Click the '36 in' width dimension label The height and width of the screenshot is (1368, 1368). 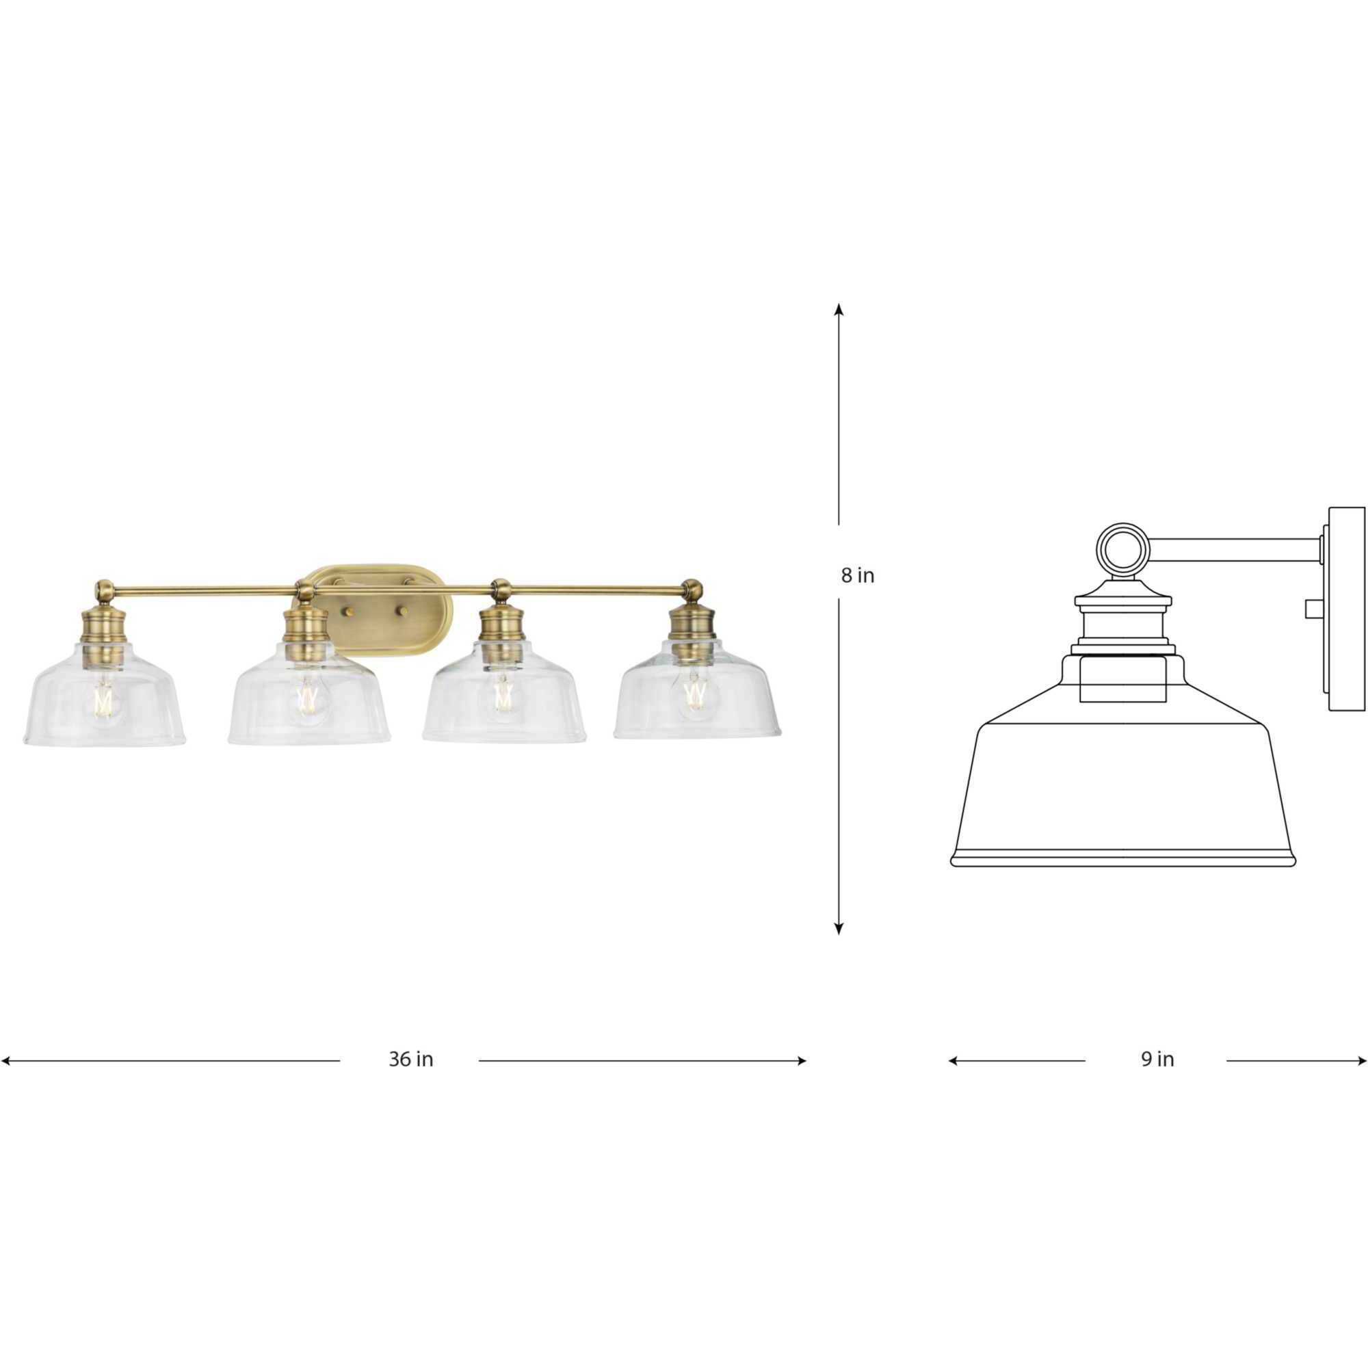coord(410,1080)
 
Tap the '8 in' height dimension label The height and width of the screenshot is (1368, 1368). coord(858,576)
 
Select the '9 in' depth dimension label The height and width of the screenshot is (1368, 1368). coord(1157,1079)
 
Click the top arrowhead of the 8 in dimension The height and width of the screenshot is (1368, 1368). coord(839,309)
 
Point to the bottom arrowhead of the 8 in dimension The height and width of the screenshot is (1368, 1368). coord(839,929)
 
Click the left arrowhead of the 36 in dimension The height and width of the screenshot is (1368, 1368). coord(5,1081)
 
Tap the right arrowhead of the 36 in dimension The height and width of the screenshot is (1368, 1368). coord(802,1081)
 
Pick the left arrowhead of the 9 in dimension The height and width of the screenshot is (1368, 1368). coord(953,1081)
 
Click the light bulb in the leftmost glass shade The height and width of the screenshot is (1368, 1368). coord(104,700)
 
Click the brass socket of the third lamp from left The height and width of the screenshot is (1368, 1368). coord(501,630)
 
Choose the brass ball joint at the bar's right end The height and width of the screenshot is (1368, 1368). coord(693,587)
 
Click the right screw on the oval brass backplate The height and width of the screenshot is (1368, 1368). coord(404,609)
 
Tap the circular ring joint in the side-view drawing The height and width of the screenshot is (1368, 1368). coord(1123,547)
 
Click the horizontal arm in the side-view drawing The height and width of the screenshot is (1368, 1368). coord(1232,549)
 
